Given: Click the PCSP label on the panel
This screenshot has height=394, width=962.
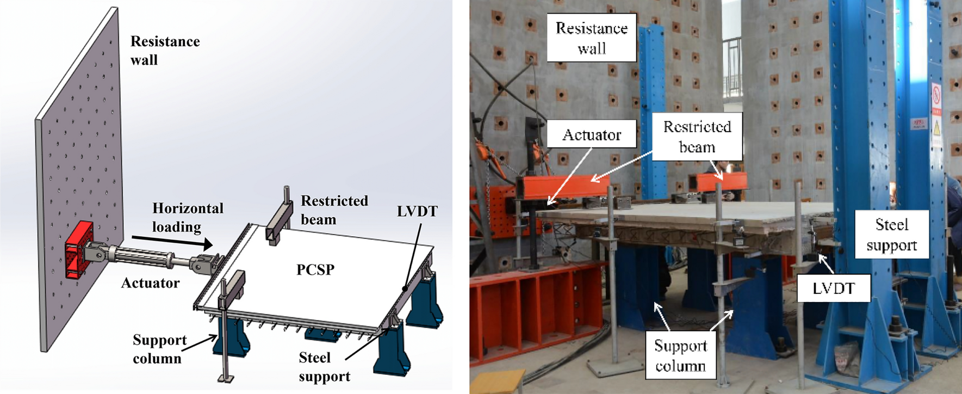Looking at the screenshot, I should (x=315, y=269).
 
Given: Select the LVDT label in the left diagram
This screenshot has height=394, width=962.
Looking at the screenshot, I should (x=417, y=212).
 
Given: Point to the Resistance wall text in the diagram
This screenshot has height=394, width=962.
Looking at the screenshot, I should (x=165, y=51).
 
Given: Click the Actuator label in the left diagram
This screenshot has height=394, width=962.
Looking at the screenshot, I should (x=150, y=283).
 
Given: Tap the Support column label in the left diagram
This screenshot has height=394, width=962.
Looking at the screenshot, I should (x=159, y=349).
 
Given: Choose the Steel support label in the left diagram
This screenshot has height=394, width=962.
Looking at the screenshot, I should (x=324, y=367).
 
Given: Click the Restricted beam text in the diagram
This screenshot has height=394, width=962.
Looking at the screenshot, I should (x=334, y=210).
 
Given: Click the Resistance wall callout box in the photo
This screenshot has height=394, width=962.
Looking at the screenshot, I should (x=591, y=38).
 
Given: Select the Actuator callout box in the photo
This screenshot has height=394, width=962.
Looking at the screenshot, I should (x=591, y=134).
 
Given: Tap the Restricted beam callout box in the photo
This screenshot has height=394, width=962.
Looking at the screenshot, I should (x=697, y=137).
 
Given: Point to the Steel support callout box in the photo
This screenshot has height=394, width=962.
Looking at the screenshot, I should (x=891, y=235).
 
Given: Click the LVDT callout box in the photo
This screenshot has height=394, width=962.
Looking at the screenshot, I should (x=833, y=288).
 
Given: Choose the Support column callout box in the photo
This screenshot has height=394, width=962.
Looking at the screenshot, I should (x=680, y=355).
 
